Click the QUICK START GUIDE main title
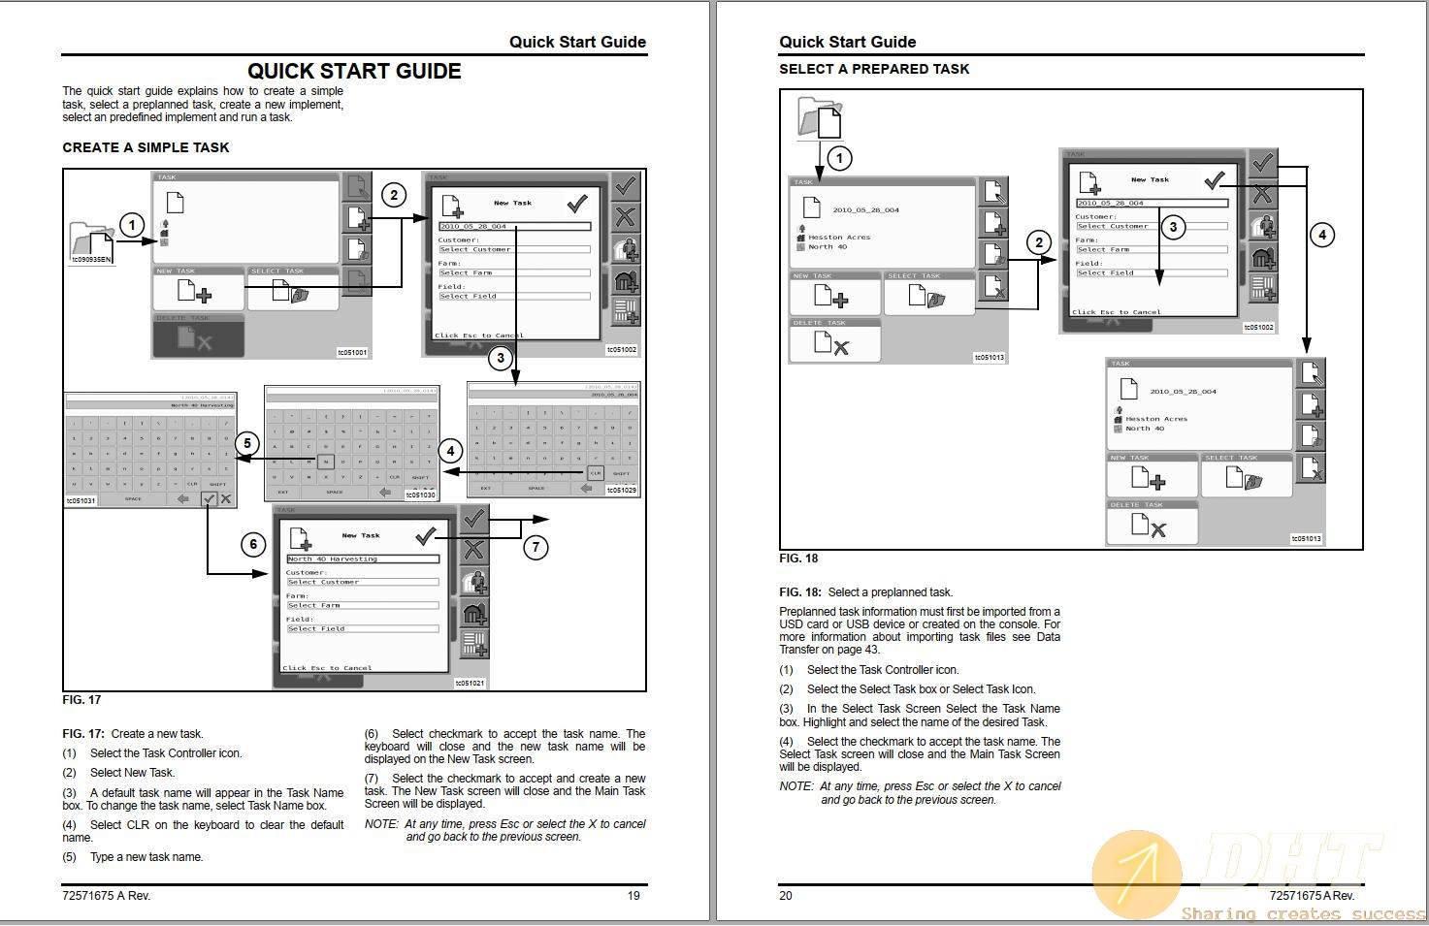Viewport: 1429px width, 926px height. pyautogui.click(x=354, y=71)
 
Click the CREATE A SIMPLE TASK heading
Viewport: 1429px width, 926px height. pyautogui.click(x=146, y=147)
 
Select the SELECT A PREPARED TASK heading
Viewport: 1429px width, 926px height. pyautogui.click(x=874, y=69)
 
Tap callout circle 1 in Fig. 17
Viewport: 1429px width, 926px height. pyautogui.click(x=132, y=226)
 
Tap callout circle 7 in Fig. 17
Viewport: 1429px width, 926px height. pyautogui.click(x=536, y=547)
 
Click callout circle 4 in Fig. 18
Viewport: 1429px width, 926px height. pyautogui.click(x=1321, y=234)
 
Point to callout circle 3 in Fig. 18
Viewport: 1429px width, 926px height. pyautogui.click(x=1173, y=227)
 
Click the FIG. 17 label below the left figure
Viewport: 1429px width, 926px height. pyautogui.click(x=81, y=699)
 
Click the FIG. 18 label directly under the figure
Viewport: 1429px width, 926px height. pyautogui.click(x=798, y=558)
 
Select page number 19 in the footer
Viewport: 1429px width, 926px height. pyautogui.click(x=633, y=895)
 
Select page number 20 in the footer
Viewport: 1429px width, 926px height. pyautogui.click(x=786, y=895)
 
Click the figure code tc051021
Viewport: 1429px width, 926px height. pyautogui.click(x=470, y=683)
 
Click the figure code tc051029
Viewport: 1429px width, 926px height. pyautogui.click(x=622, y=491)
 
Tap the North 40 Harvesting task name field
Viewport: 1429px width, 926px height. pyautogui.click(x=362, y=559)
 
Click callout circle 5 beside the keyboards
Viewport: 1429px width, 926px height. pyautogui.click(x=246, y=443)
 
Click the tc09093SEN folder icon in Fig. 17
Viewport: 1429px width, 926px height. pyautogui.click(x=91, y=242)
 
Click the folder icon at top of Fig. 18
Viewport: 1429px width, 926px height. pyautogui.click(x=819, y=118)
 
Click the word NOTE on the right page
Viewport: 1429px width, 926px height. pyautogui.click(x=796, y=786)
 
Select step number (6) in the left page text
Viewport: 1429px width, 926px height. pyautogui.click(x=372, y=734)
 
